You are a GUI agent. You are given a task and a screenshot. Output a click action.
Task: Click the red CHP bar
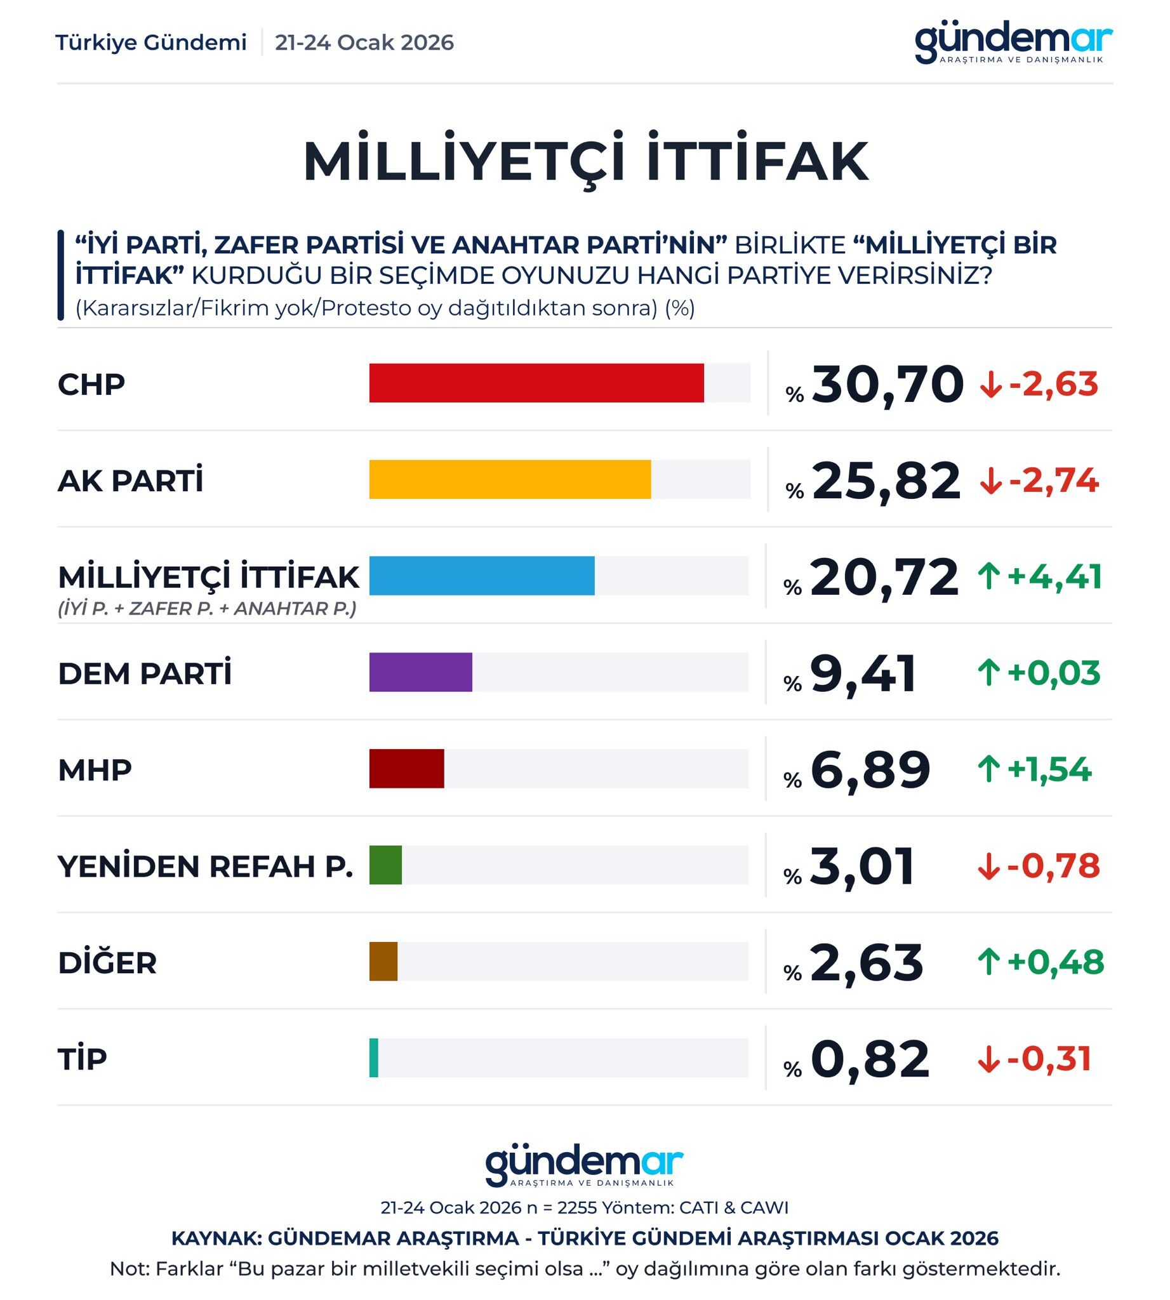pyautogui.click(x=536, y=383)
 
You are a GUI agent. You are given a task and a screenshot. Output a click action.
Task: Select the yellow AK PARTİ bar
pyautogui.click(x=510, y=479)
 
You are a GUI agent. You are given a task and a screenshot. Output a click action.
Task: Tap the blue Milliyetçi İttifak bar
pyautogui.click(x=481, y=576)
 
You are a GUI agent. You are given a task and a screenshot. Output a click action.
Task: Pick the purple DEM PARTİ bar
pyautogui.click(x=420, y=672)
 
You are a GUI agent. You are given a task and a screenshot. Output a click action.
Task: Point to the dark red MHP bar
pyautogui.click(x=406, y=768)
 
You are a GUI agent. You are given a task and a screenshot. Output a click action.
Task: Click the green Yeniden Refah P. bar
pyautogui.click(x=385, y=865)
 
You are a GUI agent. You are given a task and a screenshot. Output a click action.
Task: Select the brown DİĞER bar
pyautogui.click(x=383, y=961)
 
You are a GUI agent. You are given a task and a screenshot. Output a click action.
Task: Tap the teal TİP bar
pyautogui.click(x=373, y=1058)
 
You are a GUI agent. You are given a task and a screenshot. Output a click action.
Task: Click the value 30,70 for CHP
pyautogui.click(x=887, y=385)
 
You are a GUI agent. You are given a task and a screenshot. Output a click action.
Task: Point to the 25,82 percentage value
pyautogui.click(x=886, y=481)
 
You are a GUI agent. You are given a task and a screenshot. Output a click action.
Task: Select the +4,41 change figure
pyautogui.click(x=1054, y=576)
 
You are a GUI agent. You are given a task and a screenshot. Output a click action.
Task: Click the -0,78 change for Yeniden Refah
pyautogui.click(x=1053, y=865)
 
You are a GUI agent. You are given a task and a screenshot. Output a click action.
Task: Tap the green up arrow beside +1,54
pyautogui.click(x=988, y=769)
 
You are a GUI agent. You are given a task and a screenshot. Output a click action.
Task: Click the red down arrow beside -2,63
pyautogui.click(x=990, y=385)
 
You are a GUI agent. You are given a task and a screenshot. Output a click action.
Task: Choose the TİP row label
pyautogui.click(x=83, y=1058)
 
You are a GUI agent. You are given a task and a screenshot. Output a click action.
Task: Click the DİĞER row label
pyautogui.click(x=107, y=962)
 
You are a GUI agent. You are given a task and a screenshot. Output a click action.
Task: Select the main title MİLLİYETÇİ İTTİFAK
pyautogui.click(x=585, y=161)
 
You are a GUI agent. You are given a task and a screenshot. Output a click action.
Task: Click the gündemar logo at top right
pyautogui.click(x=1013, y=44)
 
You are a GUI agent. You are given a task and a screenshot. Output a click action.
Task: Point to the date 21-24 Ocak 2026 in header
pyautogui.click(x=364, y=43)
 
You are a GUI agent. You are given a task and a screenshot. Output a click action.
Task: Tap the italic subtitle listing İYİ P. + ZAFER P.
pyautogui.click(x=207, y=608)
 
